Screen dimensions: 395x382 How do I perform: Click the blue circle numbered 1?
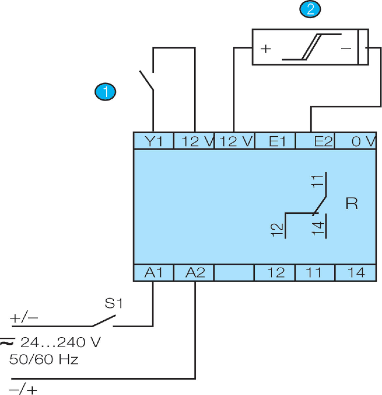coord(105,92)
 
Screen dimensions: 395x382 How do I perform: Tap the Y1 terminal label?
coord(154,141)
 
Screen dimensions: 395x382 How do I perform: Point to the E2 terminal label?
coord(323,141)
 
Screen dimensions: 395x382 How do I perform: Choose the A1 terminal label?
coord(154,273)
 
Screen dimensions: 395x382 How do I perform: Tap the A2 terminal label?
coord(195,273)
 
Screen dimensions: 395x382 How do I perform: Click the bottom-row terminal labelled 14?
coord(356,273)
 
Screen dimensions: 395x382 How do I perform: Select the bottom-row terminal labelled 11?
coord(314,273)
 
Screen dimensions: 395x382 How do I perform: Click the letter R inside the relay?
coord(352,204)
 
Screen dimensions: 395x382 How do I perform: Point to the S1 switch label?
coord(114,303)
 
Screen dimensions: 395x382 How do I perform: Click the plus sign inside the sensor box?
coord(266,49)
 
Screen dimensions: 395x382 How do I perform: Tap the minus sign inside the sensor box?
coord(346,48)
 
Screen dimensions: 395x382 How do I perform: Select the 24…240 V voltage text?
coord(60,342)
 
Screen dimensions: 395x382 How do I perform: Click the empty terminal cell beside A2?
coord(234,273)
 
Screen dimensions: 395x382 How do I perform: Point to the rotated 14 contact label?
coord(318,228)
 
